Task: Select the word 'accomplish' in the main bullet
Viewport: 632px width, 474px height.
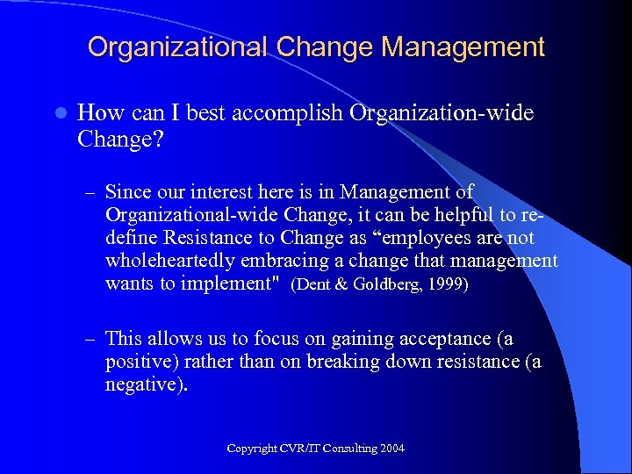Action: pos(293,114)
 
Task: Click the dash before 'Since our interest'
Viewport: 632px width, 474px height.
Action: pos(89,192)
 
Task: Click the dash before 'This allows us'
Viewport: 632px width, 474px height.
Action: pos(89,339)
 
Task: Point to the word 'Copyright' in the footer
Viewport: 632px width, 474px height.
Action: pos(253,449)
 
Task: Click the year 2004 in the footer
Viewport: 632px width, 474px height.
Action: pos(391,449)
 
